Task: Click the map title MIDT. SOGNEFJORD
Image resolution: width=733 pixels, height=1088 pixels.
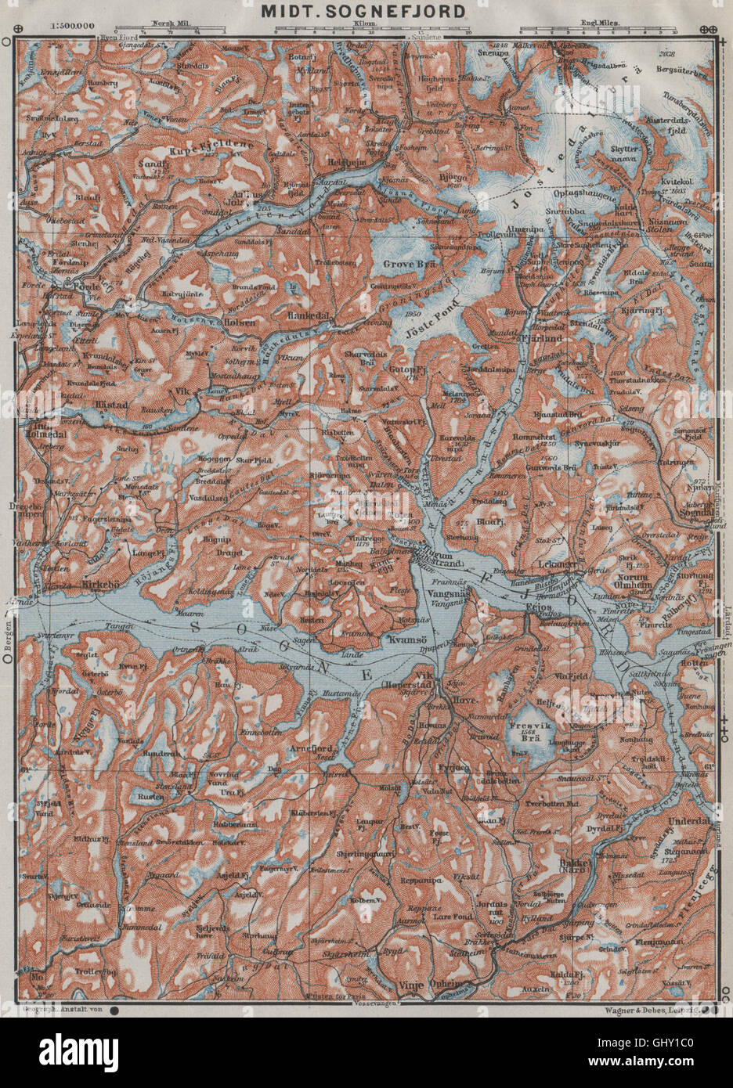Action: [367, 12]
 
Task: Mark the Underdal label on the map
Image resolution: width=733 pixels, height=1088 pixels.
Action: [691, 821]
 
